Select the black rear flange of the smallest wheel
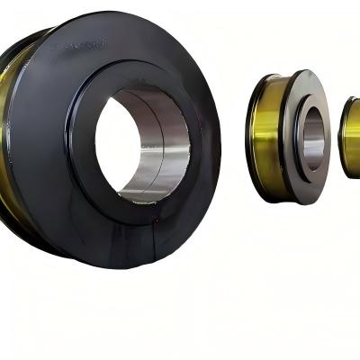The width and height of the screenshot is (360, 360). (341, 135)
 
